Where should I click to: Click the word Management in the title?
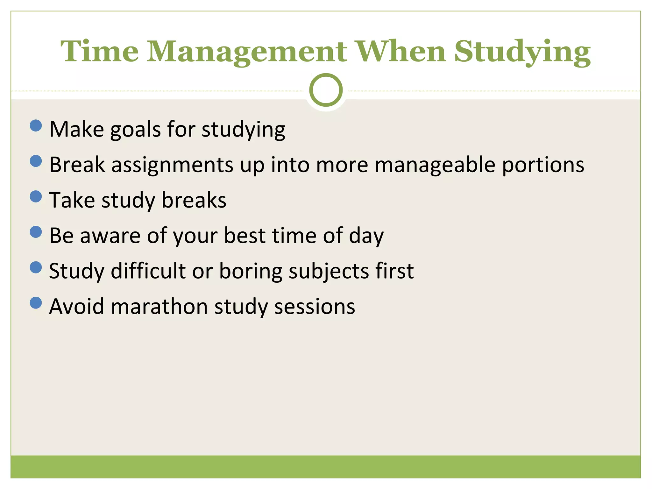247,52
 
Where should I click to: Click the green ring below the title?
326,90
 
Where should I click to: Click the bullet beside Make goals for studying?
36,125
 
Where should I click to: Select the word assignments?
172,165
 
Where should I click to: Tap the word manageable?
435,165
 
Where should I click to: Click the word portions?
543,165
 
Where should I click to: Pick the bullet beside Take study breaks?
36,196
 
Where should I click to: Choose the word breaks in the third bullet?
194,200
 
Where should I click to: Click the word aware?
110,236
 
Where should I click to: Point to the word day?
366,236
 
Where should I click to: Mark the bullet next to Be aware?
36,232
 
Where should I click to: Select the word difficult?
148,271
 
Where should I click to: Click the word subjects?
329,272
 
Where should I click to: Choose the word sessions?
315,307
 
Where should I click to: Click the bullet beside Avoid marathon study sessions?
36,303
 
